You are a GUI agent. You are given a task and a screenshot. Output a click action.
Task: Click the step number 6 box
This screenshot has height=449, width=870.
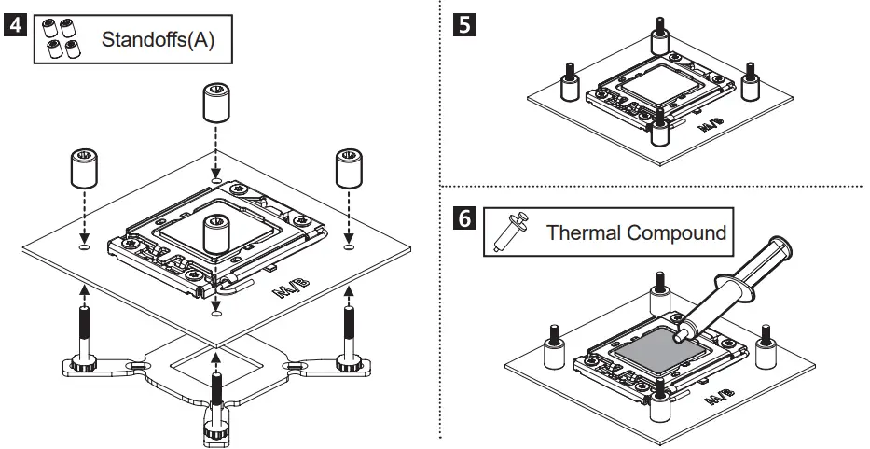pos(461,219)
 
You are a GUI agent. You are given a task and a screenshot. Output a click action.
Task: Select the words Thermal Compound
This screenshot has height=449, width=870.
pos(635,232)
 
